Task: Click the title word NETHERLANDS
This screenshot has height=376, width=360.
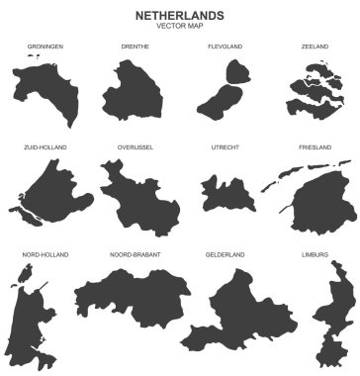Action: tap(179, 16)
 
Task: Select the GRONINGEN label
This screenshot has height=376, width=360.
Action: tap(45, 47)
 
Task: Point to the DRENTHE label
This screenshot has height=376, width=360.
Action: tap(135, 47)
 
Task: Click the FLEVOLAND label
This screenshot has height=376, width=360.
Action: tap(225, 47)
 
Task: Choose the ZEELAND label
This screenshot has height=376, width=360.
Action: tap(315, 47)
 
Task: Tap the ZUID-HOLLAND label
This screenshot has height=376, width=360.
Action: tap(45, 147)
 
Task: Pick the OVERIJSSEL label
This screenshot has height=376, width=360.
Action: tap(135, 147)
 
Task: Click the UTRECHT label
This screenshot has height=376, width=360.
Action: tap(225, 147)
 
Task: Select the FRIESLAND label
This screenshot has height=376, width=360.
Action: tap(315, 147)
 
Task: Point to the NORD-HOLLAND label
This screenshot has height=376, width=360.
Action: tap(45, 254)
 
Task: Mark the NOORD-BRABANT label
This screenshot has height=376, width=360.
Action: tap(135, 254)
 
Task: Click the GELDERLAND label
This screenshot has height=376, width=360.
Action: tap(225, 254)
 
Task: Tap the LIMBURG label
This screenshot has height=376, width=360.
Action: tap(315, 254)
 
